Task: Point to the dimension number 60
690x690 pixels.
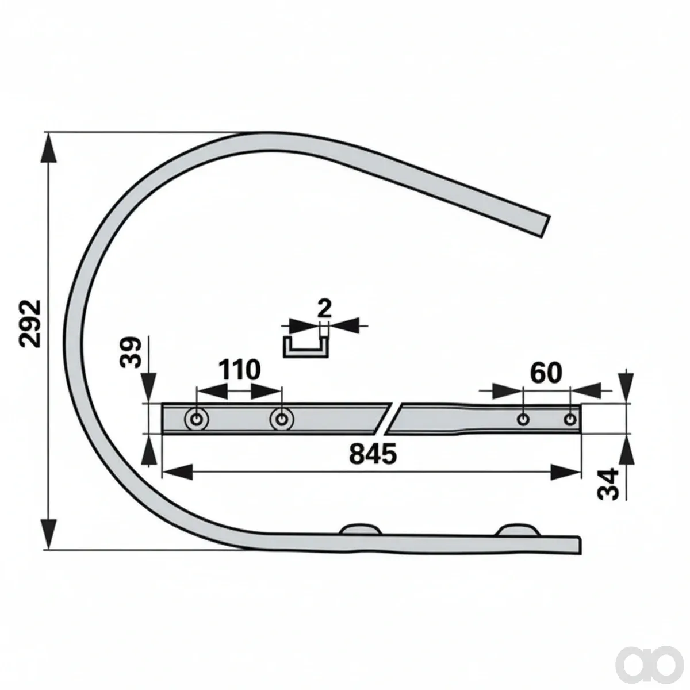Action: (546, 373)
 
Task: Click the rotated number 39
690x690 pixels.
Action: (129, 352)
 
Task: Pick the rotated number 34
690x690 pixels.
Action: (608, 484)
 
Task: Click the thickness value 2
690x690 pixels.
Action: (324, 308)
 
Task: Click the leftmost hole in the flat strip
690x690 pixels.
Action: (197, 419)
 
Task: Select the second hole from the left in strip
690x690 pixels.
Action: (282, 419)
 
